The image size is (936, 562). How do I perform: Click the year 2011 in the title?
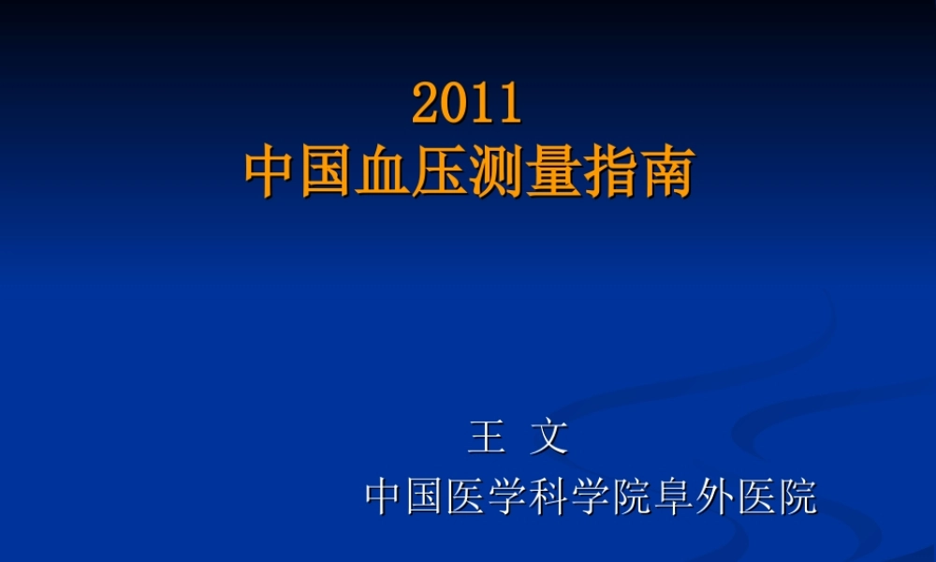point(466,104)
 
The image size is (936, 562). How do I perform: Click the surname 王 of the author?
point(487,437)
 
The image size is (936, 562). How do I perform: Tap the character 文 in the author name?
point(549,437)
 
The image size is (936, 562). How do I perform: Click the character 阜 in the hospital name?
point(674,496)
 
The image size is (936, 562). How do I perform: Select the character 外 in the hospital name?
point(715,496)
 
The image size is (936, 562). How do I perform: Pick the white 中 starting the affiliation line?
point(386,496)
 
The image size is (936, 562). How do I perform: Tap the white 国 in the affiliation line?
point(427,496)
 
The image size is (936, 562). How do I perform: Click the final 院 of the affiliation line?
point(797,496)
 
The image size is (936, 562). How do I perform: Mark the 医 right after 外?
point(756,496)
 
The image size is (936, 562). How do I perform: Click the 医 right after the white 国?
point(468,496)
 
